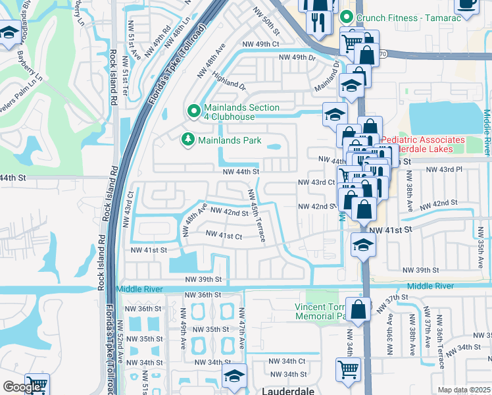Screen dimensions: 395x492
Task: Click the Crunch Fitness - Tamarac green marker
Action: point(346,18)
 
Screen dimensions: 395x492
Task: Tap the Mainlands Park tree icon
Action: point(187,140)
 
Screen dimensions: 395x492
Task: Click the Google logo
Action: point(22,387)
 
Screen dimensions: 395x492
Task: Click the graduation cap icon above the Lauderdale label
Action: point(234,377)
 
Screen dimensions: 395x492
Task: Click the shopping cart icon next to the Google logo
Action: point(37,384)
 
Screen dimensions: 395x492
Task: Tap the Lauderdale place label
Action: point(288,390)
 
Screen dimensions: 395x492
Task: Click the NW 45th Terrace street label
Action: point(257,215)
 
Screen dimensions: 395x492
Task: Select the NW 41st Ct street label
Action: point(224,234)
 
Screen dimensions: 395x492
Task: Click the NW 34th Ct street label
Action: point(287,361)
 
